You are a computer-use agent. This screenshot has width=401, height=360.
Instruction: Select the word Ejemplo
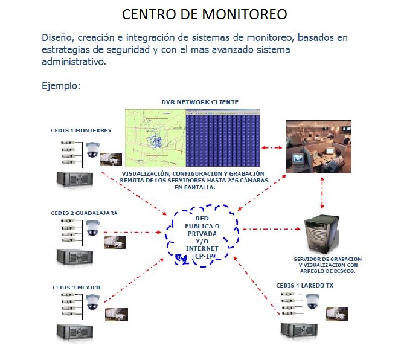click(x=61, y=86)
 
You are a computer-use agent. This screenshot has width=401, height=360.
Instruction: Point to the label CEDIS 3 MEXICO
click(x=77, y=286)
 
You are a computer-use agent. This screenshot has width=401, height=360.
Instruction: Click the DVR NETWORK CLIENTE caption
click(x=200, y=103)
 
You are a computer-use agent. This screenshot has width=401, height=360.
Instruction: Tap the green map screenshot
click(x=155, y=137)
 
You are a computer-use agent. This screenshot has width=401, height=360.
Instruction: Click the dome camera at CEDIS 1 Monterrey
click(x=92, y=149)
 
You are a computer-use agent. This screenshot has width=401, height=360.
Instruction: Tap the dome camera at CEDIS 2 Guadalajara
click(x=92, y=228)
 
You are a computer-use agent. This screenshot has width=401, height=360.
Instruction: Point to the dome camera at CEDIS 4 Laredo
click(x=312, y=301)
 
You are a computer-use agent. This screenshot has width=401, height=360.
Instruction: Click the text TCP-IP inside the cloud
click(x=204, y=256)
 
